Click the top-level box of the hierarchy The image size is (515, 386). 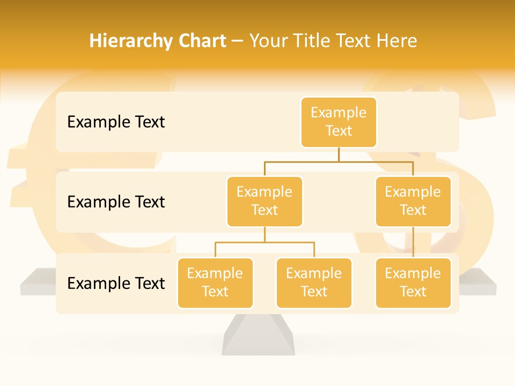pyautogui.click(x=339, y=122)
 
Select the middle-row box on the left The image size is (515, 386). pyautogui.click(x=264, y=201)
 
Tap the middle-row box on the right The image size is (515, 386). pyautogui.click(x=413, y=201)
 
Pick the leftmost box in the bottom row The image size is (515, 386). pyautogui.click(x=215, y=283)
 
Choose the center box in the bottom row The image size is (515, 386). pyautogui.click(x=314, y=283)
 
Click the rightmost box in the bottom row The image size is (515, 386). pyautogui.click(x=413, y=283)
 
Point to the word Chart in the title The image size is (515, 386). pyautogui.click(x=200, y=41)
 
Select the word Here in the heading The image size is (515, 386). pyautogui.click(x=396, y=41)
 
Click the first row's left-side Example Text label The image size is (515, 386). pyautogui.click(x=116, y=122)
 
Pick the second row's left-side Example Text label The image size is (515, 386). pyautogui.click(x=116, y=202)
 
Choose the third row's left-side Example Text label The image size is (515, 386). pyautogui.click(x=116, y=283)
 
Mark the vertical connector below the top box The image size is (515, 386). pyautogui.click(x=339, y=154)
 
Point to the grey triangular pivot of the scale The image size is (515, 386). pyautogui.click(x=259, y=335)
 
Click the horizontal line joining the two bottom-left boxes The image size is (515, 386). pyautogui.click(x=264, y=242)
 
